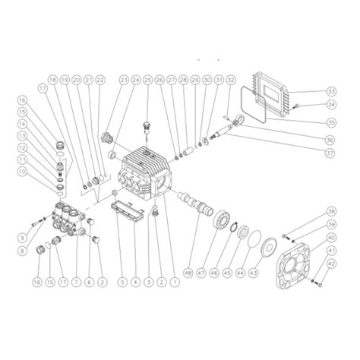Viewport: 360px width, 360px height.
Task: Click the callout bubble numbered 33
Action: coord(331,90)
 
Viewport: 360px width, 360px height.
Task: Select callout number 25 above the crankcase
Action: coord(147,80)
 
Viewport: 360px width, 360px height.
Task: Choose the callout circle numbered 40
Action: coord(331,238)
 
